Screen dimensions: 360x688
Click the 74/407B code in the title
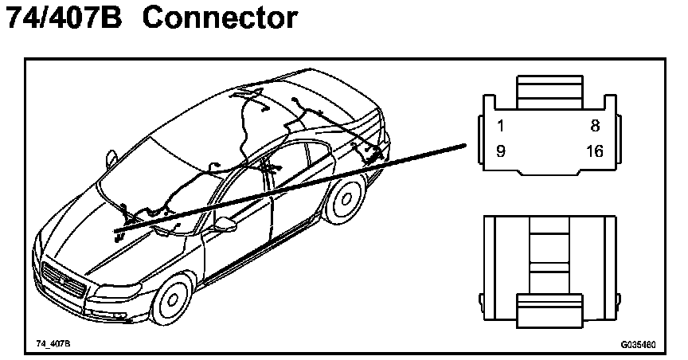[x=64, y=19]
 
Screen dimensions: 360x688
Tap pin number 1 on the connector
[x=500, y=126]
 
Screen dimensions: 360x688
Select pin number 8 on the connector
[x=594, y=126]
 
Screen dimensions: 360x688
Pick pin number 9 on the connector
[x=500, y=151]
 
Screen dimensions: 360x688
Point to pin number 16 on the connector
[x=593, y=151]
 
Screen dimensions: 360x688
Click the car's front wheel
[x=172, y=302]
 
